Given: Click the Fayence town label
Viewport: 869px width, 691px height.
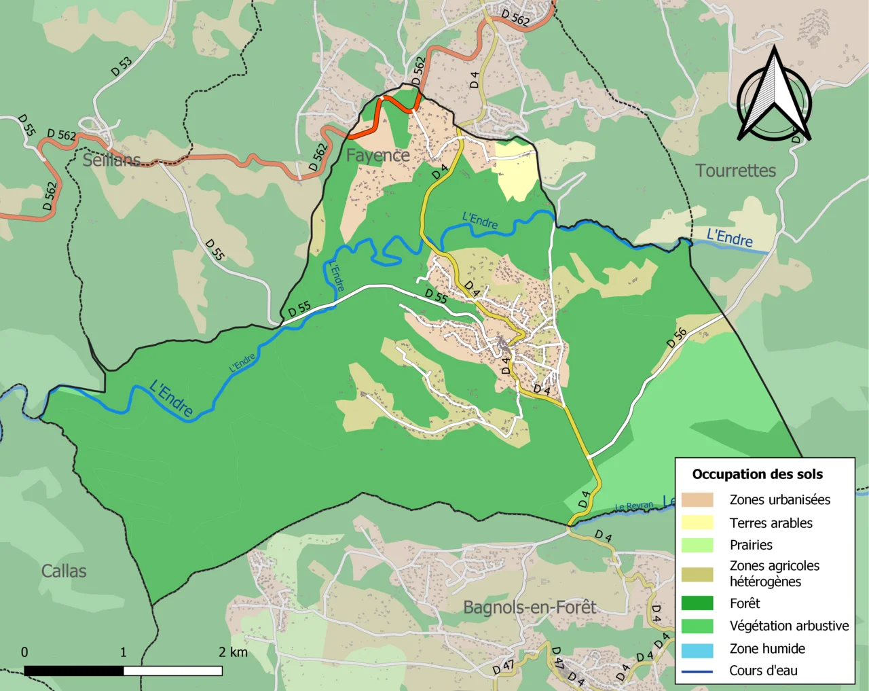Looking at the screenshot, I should coord(377,156).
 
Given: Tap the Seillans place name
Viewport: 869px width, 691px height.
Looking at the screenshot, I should coord(111,160).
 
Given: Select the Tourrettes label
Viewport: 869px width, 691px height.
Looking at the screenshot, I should coord(735,171).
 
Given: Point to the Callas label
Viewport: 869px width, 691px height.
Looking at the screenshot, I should coord(64,571).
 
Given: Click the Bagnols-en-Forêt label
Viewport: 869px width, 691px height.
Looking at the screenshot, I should coord(530,607).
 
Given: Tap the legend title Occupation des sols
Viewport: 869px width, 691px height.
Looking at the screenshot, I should coord(757,474).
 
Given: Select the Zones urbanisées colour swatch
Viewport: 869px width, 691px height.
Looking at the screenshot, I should coord(697,500).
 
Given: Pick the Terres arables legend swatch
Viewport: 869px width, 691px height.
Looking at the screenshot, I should coord(697,522).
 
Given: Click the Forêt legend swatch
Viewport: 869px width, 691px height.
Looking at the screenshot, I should coord(697,603).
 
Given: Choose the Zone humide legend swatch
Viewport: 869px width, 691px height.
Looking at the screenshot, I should coord(697,649).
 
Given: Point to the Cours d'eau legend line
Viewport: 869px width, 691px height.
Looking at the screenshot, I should coord(697,671).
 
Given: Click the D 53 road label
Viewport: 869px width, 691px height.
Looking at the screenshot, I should coord(122,66).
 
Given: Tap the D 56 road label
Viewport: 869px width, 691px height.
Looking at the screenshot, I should coord(677,338).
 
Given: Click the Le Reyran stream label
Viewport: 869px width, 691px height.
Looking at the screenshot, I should coord(634,506).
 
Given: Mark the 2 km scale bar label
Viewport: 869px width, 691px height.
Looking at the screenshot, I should coord(233,652).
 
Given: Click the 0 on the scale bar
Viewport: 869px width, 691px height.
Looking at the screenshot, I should coord(24,652).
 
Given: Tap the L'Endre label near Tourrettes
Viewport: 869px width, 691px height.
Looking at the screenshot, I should coord(730,238).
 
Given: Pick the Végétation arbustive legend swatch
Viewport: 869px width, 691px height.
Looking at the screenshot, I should coord(697,626).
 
